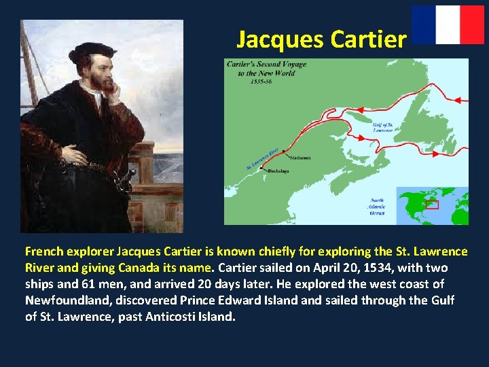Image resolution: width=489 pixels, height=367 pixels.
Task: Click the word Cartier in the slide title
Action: click(x=368, y=39)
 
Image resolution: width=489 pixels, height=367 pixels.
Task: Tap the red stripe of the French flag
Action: click(x=472, y=24)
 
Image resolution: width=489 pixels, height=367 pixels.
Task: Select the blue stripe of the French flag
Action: click(x=424, y=24)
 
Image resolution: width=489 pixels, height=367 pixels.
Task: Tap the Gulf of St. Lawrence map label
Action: click(x=382, y=127)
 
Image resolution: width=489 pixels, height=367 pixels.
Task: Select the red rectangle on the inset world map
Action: click(x=432, y=205)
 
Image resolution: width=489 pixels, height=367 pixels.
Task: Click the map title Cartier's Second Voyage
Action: click(x=266, y=69)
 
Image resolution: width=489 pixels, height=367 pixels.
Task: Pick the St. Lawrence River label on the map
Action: click(x=262, y=159)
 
